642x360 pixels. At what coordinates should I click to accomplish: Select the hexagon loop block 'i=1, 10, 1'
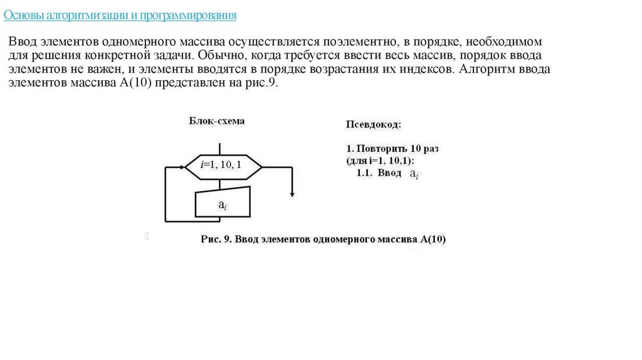coord(223,166)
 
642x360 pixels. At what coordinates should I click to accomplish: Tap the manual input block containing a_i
coord(223,203)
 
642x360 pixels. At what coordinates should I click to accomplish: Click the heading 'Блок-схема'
coord(217,121)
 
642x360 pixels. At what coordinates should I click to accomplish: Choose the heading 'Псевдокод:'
coord(374,125)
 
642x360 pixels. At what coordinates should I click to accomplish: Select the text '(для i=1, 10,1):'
coord(384,161)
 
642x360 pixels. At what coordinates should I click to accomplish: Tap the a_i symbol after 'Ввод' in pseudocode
coord(414,174)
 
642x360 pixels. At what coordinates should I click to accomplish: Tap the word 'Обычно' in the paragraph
coord(219,56)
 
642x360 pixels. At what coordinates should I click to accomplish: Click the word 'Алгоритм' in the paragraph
coord(485,70)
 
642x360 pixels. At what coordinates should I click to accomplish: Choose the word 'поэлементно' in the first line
coord(359,42)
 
